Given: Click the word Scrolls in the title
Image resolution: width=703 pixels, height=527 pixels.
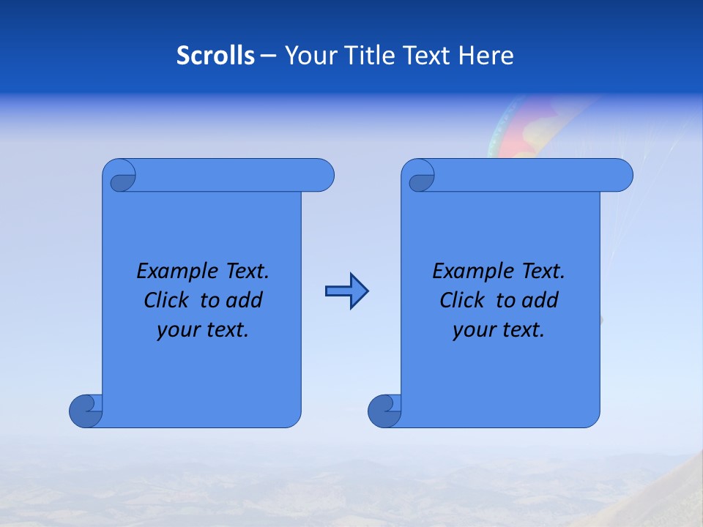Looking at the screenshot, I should click(x=216, y=55).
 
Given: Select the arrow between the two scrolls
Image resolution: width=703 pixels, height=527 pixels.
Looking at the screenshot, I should click(x=346, y=291).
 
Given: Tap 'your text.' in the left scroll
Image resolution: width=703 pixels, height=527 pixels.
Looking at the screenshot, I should click(x=203, y=330).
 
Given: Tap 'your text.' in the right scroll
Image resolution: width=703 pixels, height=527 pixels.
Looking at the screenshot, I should click(x=499, y=330).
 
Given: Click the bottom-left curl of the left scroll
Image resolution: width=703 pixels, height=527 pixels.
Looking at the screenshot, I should click(x=86, y=411).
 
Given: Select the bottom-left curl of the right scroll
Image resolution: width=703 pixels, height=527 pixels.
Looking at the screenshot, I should click(x=384, y=411).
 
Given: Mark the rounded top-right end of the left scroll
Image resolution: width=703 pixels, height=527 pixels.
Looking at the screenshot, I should click(x=322, y=175).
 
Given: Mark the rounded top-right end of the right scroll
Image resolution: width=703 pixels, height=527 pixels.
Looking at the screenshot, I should click(x=621, y=175).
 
